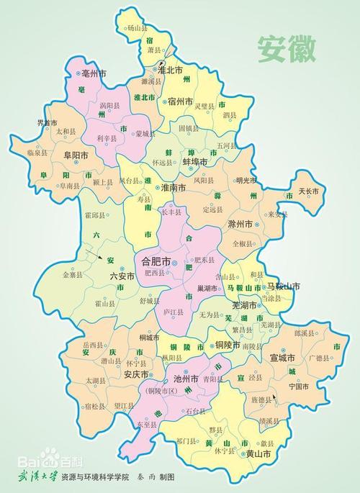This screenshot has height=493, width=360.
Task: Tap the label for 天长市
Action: [313, 192]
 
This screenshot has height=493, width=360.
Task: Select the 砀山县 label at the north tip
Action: [136, 28]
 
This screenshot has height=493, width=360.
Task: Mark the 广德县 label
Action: [319, 358]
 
